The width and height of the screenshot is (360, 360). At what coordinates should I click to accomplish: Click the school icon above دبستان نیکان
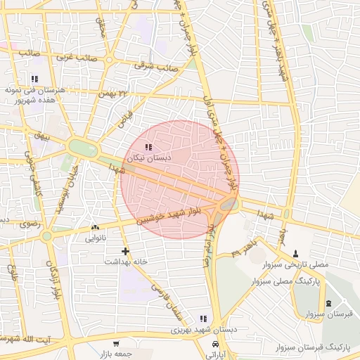[x=148, y=147]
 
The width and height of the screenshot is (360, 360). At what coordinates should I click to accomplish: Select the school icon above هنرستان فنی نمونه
[x=34, y=79]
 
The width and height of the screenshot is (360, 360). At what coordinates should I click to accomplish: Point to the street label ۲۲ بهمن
[x=115, y=92]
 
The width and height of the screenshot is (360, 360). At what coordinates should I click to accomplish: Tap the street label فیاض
[x=125, y=117]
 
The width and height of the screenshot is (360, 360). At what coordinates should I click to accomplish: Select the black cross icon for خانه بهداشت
[x=125, y=250]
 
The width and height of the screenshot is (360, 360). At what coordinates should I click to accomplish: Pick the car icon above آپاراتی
[x=214, y=344]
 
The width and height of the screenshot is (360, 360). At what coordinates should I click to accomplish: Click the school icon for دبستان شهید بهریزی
[x=203, y=319]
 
